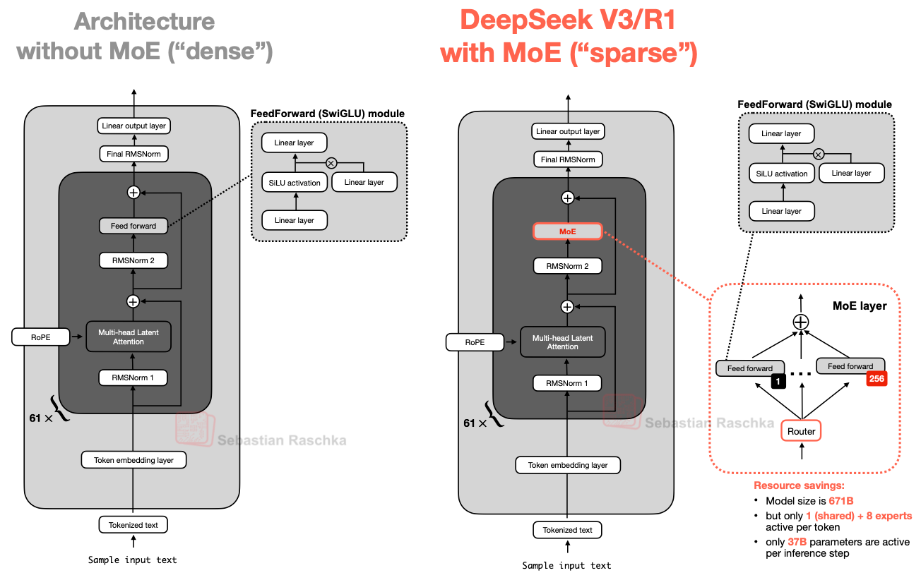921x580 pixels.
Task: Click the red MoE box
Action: [x=567, y=231]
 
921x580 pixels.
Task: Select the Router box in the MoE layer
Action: [x=801, y=431]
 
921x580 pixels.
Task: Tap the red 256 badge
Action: [x=876, y=379]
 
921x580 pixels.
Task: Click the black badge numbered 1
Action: [x=778, y=382]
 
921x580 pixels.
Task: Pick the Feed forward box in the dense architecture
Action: [x=133, y=226]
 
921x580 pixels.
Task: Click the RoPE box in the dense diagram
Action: [x=41, y=337]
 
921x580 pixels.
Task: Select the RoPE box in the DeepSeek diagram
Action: [x=475, y=342]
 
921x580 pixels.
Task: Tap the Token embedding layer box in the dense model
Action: [x=133, y=460]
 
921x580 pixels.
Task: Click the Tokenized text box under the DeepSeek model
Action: [x=567, y=530]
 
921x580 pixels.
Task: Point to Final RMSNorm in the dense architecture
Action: [x=133, y=154]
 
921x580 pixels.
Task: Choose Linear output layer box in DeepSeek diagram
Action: [x=567, y=131]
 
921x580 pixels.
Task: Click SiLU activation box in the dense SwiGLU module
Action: [x=295, y=183]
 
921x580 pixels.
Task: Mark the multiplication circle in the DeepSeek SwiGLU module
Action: [x=818, y=154]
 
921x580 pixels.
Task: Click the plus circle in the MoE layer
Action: [x=800, y=322]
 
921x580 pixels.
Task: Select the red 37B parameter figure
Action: [x=797, y=542]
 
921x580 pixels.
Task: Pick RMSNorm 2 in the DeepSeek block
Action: [x=567, y=266]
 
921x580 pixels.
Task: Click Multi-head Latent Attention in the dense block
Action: [x=129, y=337]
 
